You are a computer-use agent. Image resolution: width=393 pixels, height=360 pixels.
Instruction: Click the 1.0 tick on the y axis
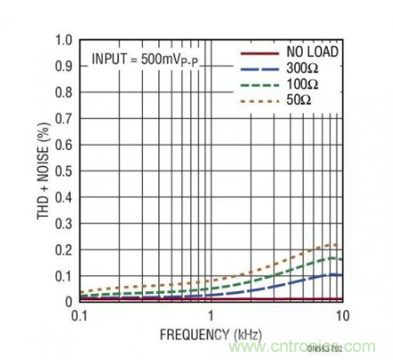click(63, 40)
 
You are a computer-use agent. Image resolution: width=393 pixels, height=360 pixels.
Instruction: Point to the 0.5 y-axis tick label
click(63, 171)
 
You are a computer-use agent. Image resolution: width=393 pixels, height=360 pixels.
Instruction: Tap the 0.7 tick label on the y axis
click(63, 118)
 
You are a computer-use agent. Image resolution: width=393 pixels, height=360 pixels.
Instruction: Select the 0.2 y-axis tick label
click(63, 249)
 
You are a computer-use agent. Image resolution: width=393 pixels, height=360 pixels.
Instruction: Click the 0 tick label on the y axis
click(68, 302)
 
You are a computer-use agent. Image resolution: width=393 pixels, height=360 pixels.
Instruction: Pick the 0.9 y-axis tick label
click(63, 66)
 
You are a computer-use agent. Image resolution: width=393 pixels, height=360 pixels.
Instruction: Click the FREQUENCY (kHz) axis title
click(210, 335)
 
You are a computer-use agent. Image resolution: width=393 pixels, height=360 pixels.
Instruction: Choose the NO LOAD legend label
click(312, 53)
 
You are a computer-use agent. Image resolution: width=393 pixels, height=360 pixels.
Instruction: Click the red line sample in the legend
click(260, 53)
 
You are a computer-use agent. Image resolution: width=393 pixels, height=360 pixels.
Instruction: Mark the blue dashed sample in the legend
click(260, 68)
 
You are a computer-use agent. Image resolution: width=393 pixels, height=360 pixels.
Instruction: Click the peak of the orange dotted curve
click(333, 244)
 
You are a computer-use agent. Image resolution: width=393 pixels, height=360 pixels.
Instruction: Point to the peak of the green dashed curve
click(333, 258)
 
